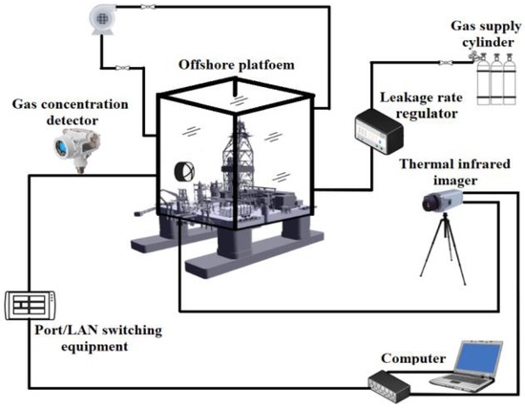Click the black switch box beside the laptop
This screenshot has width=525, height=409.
(392, 387)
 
